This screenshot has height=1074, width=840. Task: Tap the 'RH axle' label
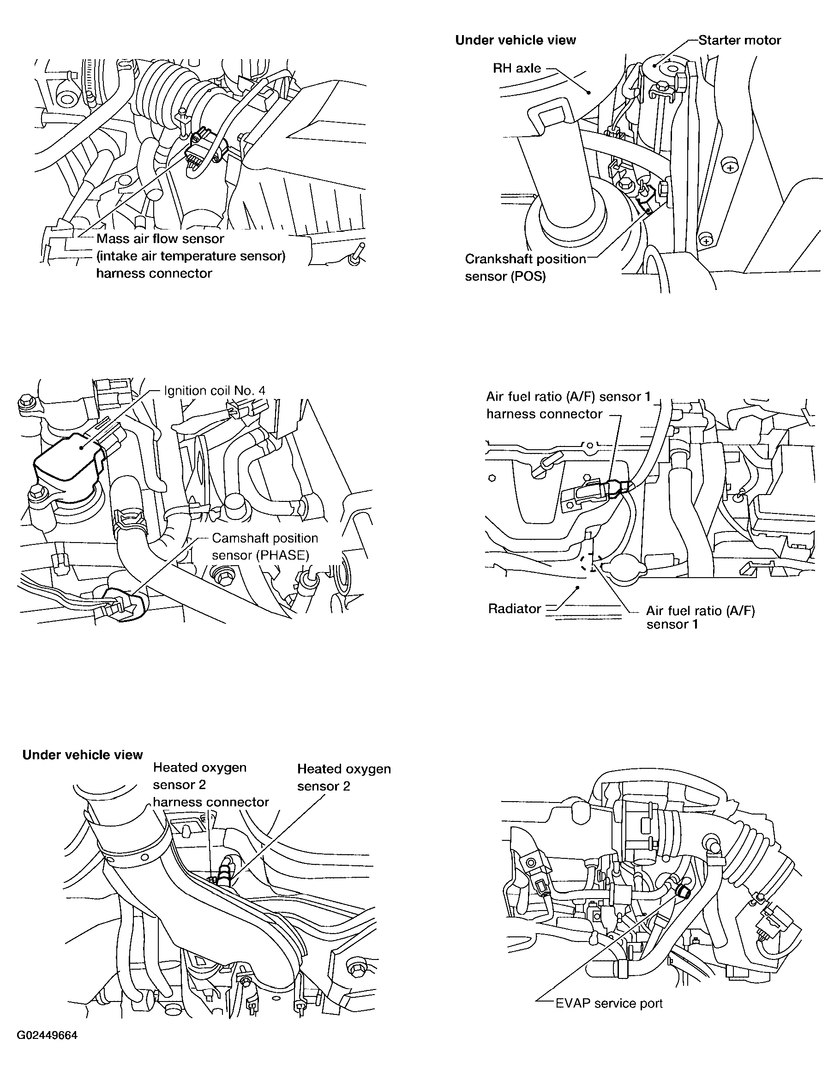(517, 68)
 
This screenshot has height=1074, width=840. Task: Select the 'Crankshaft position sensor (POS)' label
(525, 268)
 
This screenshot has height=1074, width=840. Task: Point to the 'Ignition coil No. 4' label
(215, 391)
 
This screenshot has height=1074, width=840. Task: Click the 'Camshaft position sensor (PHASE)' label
(265, 547)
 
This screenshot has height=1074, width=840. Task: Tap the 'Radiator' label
(515, 609)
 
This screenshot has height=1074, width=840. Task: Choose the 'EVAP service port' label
(609, 1003)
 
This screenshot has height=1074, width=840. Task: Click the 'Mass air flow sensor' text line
(160, 239)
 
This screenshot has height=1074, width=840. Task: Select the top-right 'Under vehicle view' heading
(516, 40)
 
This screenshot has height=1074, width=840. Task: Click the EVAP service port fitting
(682, 891)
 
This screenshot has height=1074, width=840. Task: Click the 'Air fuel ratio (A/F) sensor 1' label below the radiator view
(700, 617)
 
